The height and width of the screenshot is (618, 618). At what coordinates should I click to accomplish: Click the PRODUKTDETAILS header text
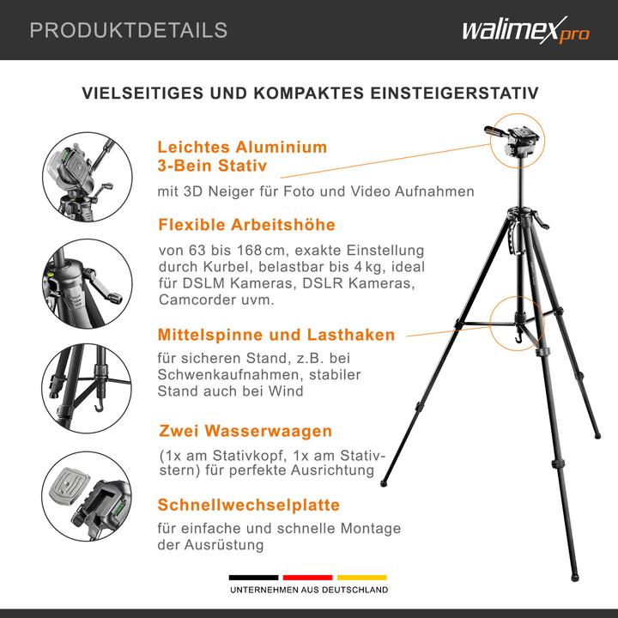pos(129,31)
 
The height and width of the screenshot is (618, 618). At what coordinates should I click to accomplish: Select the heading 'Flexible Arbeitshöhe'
pos(246,225)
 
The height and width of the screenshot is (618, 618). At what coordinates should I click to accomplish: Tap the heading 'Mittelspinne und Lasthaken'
pos(276,335)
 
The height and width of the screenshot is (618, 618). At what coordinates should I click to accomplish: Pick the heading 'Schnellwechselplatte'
pos(249,505)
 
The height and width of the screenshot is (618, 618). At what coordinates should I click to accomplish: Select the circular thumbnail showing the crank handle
pos(82,278)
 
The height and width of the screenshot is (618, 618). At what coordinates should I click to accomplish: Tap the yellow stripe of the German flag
pos(361,578)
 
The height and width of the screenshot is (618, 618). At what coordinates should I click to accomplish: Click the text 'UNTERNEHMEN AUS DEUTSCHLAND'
pos(308,591)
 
